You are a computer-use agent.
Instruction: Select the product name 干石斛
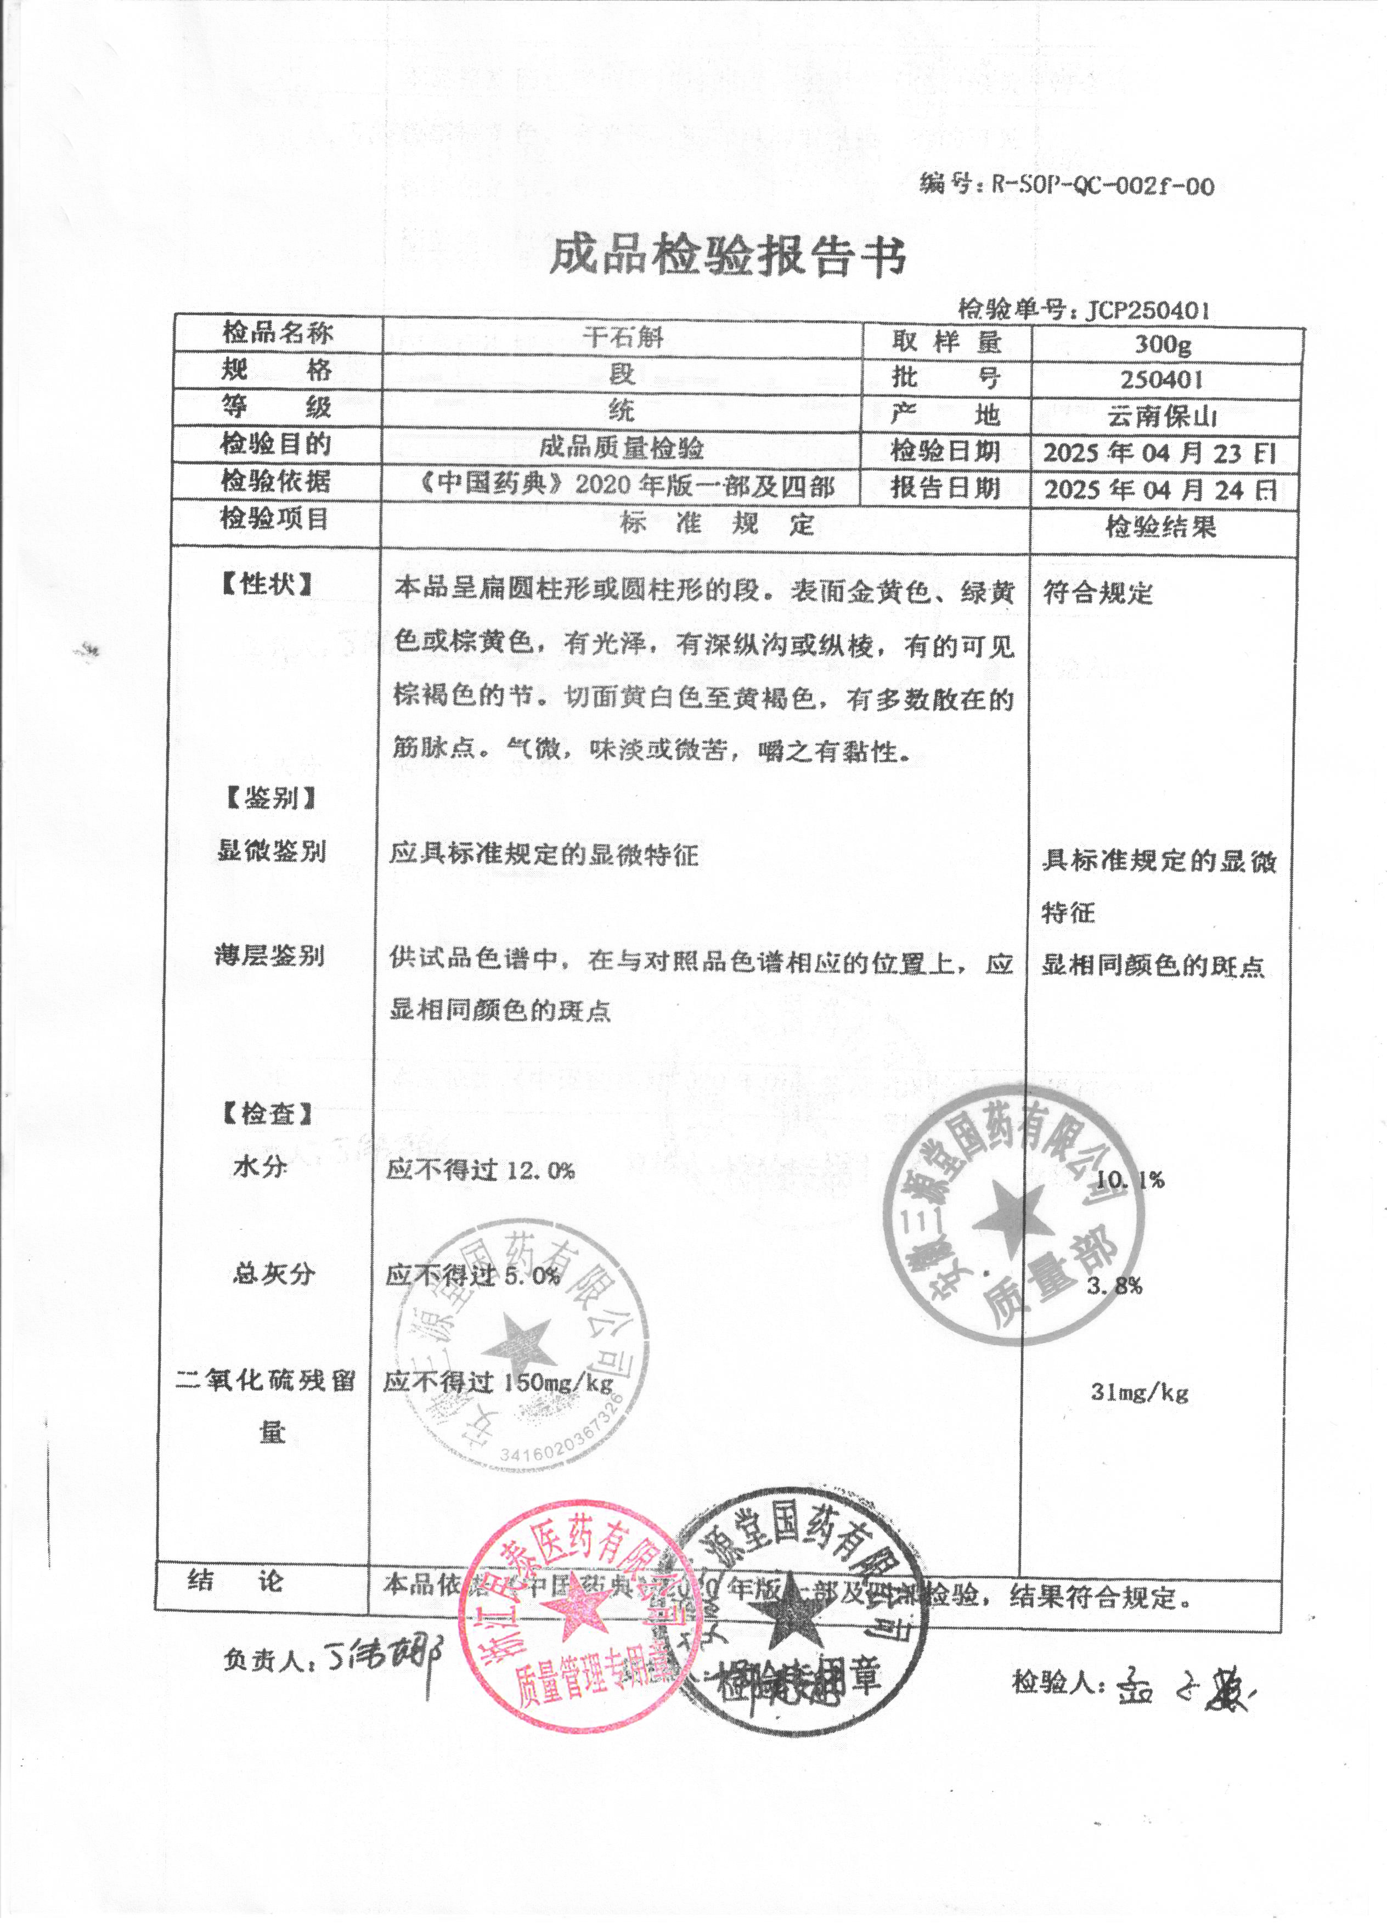tap(622, 337)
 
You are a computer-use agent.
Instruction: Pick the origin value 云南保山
tap(1162, 416)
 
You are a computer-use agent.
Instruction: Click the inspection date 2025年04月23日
tap(1160, 452)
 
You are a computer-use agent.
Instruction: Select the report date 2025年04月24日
tap(1160, 489)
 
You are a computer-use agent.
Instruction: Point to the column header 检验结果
tap(1160, 527)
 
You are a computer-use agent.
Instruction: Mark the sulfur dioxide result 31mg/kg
tap(1138, 1392)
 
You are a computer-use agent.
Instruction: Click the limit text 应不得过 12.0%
tap(480, 1171)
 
